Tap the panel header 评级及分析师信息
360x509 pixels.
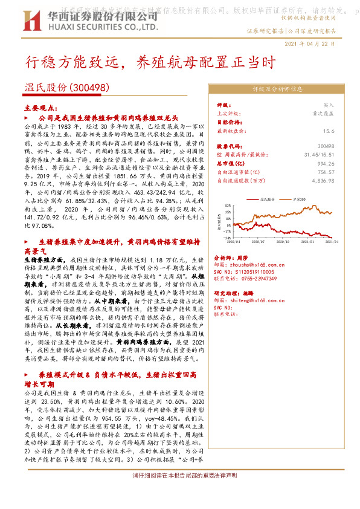(x=277, y=89)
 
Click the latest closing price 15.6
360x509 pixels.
(x=329, y=130)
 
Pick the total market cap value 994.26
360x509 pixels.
(x=325, y=163)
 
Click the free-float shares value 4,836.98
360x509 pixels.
(x=321, y=180)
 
